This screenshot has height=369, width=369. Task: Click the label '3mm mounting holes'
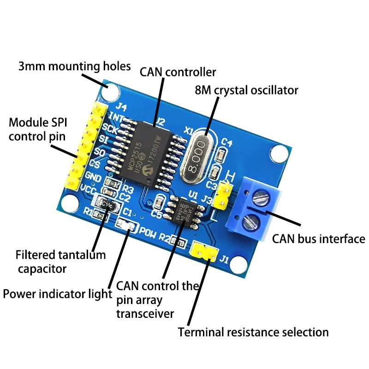pos(75,66)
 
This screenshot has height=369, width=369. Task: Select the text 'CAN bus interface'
pos(318,239)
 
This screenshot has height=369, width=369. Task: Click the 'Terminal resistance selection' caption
pos(253,332)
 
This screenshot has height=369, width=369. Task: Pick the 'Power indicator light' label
pos(58,294)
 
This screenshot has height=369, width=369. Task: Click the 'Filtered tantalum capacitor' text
pos(60,261)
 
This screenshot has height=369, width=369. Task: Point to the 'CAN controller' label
pos(178,72)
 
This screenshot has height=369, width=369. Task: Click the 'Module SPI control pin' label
pos(37,130)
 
